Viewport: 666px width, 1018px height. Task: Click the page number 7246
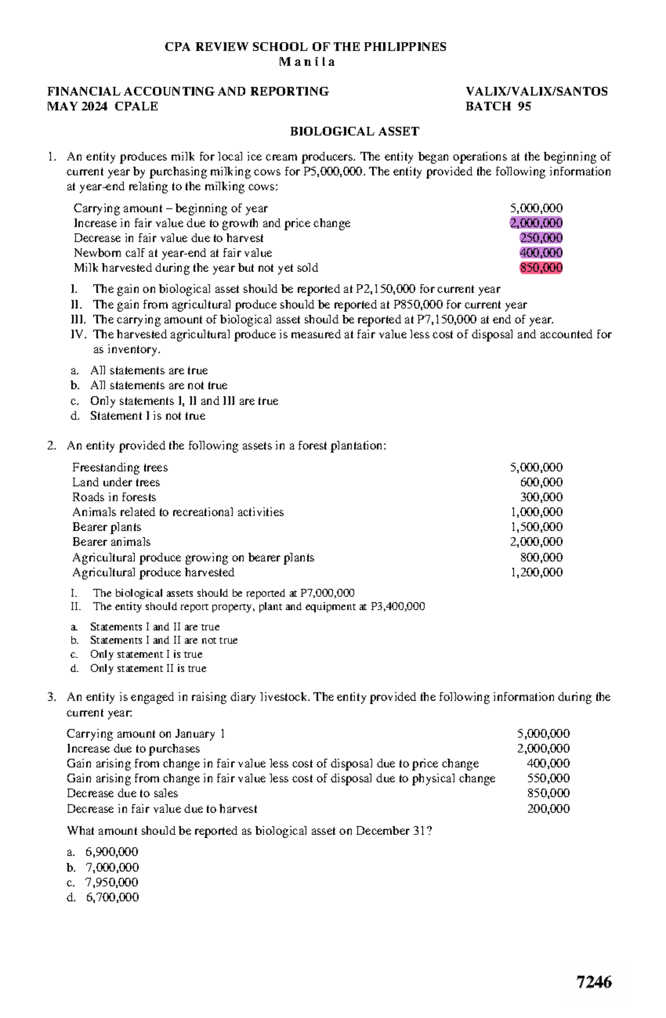pyautogui.click(x=594, y=982)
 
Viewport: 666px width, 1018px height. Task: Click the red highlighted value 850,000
pyautogui.click(x=541, y=268)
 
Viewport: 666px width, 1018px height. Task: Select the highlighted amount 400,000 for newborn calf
pyautogui.click(x=541, y=253)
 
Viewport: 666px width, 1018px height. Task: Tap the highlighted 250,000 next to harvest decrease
pyautogui.click(x=541, y=238)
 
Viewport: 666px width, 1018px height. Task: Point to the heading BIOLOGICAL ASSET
pyautogui.click(x=355, y=131)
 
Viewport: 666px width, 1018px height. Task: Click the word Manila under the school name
pyautogui.click(x=307, y=62)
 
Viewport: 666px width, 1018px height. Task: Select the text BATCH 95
pyautogui.click(x=498, y=107)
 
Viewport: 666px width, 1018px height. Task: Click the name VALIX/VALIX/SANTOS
pyautogui.click(x=537, y=92)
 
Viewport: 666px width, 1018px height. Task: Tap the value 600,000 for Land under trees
pyautogui.click(x=541, y=483)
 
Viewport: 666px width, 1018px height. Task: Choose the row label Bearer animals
pyautogui.click(x=111, y=542)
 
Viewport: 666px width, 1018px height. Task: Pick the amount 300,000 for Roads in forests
pyautogui.click(x=541, y=498)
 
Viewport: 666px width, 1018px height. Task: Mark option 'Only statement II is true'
pyautogui.click(x=148, y=668)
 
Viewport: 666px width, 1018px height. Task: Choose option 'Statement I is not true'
pyautogui.click(x=148, y=416)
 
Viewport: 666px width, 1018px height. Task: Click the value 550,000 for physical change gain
pyautogui.click(x=548, y=778)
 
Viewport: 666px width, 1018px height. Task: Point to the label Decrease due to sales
pyautogui.click(x=122, y=793)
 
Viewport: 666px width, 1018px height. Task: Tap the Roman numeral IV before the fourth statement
pyautogui.click(x=77, y=335)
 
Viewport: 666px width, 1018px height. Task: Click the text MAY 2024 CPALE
pyautogui.click(x=103, y=107)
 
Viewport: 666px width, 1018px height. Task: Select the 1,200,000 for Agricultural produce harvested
pyautogui.click(x=536, y=573)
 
